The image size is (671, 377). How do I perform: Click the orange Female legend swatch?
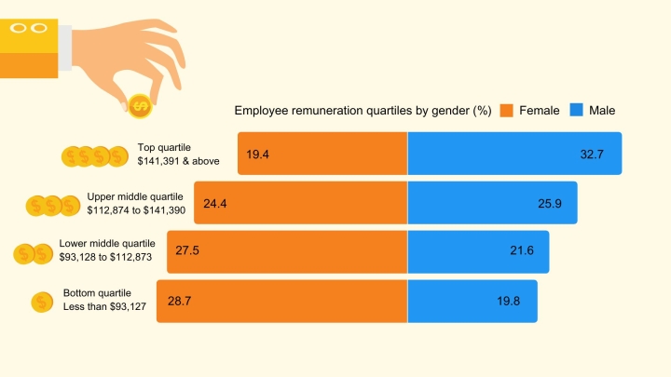pos(507,111)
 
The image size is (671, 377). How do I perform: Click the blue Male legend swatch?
pos(576,111)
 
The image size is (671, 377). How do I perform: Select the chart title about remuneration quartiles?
pos(363,111)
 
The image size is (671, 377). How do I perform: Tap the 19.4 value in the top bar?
pos(258,155)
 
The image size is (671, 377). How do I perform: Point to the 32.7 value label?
pos(592,155)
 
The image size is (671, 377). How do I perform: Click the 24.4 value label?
pos(215,203)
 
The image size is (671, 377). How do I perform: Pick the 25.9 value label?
pos(550,203)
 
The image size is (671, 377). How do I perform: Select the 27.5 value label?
pos(188,251)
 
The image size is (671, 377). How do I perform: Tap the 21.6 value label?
pos(522,251)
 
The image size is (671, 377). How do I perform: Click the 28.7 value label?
pos(179,301)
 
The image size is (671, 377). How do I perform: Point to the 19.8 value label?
pos(509,301)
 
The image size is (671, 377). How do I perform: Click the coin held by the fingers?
pos(141,108)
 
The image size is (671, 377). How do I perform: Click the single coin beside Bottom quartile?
pos(42,302)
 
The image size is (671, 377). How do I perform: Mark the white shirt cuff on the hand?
pos(64,47)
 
